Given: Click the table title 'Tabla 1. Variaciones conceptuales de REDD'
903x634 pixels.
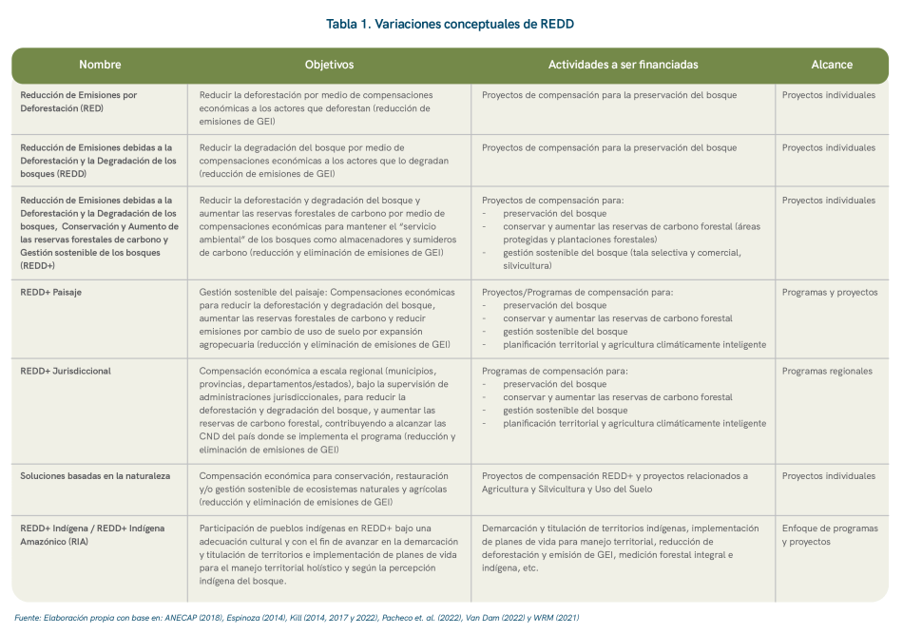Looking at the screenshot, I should coord(451,23).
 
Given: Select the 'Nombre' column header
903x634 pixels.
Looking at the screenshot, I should coord(100,65).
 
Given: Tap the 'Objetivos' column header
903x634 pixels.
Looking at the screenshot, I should coord(329,65).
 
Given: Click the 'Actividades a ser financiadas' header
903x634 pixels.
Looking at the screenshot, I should coord(623,65).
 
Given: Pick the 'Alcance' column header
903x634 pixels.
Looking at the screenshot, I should coord(831,65).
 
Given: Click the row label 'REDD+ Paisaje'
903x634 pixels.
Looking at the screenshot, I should coord(51,292).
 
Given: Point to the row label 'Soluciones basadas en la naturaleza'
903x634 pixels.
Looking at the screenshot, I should coord(95,475).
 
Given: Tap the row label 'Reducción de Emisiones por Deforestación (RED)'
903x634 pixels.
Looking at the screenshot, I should coord(79,102).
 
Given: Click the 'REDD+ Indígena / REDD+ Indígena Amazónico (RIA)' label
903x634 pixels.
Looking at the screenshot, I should coord(92,534).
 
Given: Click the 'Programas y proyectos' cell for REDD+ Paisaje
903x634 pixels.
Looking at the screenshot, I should coord(829,292).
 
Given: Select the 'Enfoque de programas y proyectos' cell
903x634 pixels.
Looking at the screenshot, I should coord(829,534).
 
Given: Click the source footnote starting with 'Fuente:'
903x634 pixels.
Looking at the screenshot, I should coord(297,618).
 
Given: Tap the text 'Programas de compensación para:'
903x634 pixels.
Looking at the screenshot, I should coord(555,371).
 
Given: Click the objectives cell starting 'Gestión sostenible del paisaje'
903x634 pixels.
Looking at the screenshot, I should coord(327,318).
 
